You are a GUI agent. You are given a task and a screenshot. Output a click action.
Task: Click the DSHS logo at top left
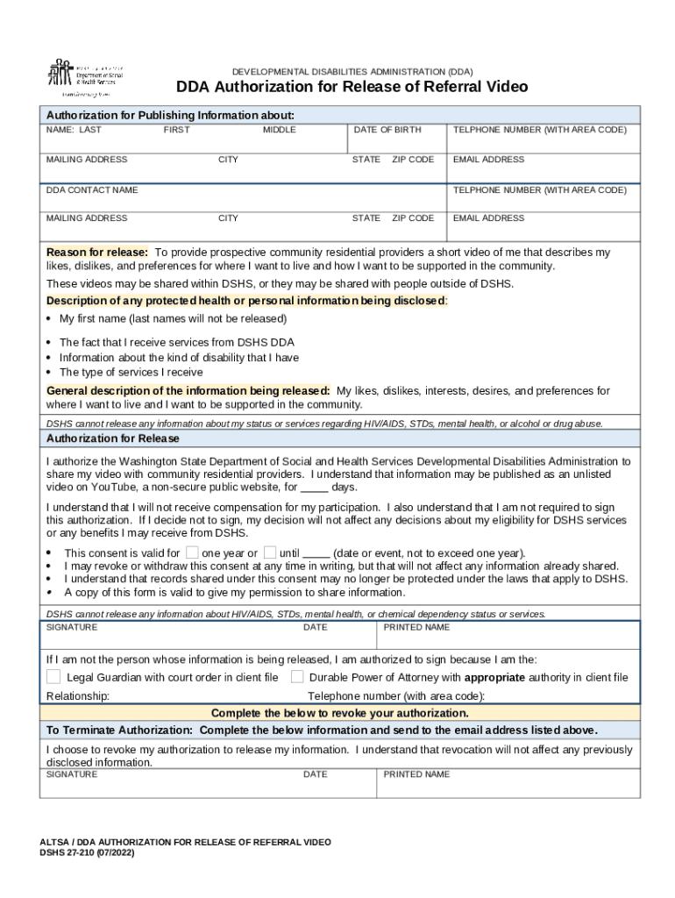[84, 78]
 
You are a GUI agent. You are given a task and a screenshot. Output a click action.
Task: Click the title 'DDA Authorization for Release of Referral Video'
[352, 87]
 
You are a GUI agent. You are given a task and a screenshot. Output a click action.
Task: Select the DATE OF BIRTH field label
[387, 130]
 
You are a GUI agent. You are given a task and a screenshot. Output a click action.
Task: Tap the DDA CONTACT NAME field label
[92, 189]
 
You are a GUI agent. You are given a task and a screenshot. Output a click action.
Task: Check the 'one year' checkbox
[192, 552]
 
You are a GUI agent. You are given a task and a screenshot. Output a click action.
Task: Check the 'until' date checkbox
[270, 552]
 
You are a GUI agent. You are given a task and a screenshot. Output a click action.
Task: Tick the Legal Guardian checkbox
[53, 676]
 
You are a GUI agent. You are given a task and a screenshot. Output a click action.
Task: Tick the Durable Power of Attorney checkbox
[297, 676]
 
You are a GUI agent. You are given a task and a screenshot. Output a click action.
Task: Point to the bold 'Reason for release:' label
[96, 253]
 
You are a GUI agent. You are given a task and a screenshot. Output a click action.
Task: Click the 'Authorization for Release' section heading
[112, 438]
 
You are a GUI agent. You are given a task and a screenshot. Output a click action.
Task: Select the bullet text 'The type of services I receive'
[131, 372]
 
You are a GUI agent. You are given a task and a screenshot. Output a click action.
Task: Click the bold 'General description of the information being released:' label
[188, 390]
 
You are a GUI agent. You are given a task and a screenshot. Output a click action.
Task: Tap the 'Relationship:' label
[77, 695]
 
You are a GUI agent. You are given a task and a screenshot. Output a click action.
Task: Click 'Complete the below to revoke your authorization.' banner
[340, 712]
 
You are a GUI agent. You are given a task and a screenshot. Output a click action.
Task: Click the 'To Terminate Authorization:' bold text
[119, 730]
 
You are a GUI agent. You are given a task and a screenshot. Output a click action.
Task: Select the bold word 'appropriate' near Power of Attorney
[494, 677]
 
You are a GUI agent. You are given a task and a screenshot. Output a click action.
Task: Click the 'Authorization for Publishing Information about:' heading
[170, 115]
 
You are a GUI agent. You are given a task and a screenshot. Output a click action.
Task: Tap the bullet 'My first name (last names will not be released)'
[173, 318]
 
